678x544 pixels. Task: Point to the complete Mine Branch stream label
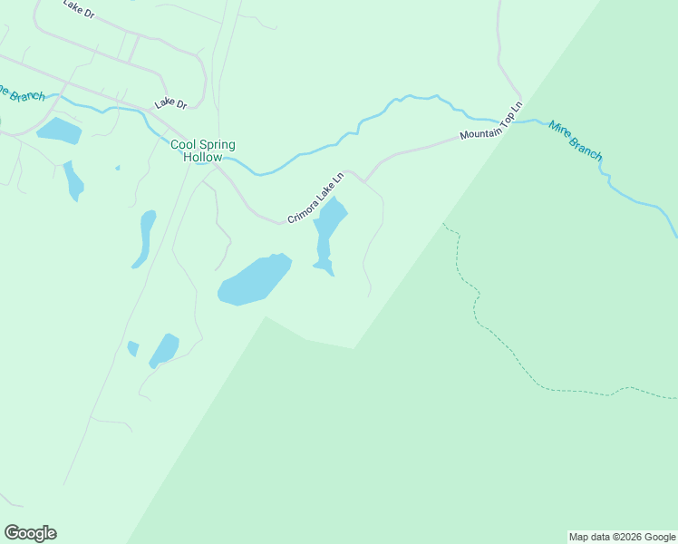pyautogui.click(x=575, y=141)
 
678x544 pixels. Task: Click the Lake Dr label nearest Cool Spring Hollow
pyautogui.click(x=169, y=104)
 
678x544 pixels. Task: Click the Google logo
pyautogui.click(x=30, y=532)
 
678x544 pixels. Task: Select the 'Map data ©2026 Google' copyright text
pyautogui.click(x=622, y=537)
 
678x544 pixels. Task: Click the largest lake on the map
pyautogui.click(x=254, y=279)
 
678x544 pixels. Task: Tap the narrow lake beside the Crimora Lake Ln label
pyautogui.click(x=327, y=227)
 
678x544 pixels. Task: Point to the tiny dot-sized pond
pyautogui.click(x=117, y=168)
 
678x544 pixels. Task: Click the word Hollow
pyautogui.click(x=202, y=158)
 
